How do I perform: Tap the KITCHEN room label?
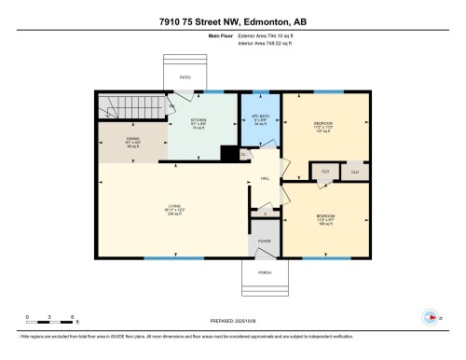coord(199,121)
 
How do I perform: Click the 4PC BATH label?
coord(260,118)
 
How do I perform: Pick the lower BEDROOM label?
coord(325,216)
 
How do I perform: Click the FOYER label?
coord(264,240)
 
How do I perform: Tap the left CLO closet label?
coord(325,172)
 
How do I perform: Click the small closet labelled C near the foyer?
coord(265,214)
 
